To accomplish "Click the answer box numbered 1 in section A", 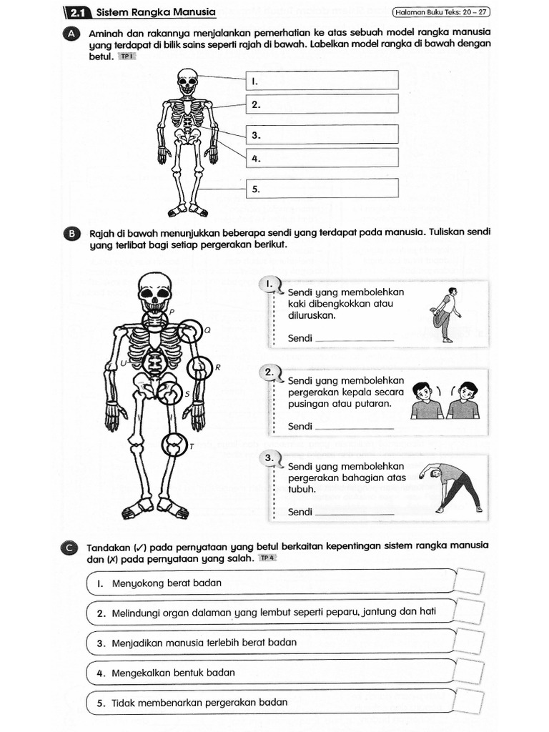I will pyautogui.click(x=322, y=80).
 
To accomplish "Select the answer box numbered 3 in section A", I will pyautogui.click(x=322, y=134).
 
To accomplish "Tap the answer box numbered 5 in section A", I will pyautogui.click(x=322, y=189).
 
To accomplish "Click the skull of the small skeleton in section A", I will pyautogui.click(x=187, y=81).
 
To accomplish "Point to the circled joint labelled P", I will pyautogui.click(x=155, y=321).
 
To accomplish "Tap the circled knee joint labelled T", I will pyautogui.click(x=173, y=445).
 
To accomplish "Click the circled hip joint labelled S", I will pyautogui.click(x=169, y=392).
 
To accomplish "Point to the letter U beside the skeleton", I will pyautogui.click(x=123, y=363).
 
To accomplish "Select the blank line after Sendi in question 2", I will pyautogui.click(x=354, y=427).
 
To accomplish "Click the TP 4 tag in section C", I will pyautogui.click(x=267, y=558).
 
